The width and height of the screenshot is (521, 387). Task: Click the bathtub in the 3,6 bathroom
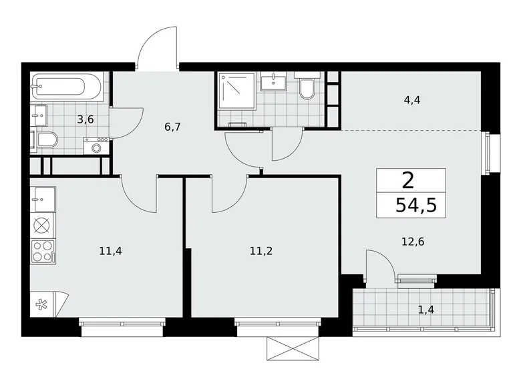tap(67, 87)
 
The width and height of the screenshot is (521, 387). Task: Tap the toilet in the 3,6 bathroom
tap(45, 140)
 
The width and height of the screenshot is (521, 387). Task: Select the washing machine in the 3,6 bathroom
tap(96, 145)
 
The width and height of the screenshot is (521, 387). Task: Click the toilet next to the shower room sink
tap(307, 89)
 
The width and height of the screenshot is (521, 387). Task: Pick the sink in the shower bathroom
tap(274, 83)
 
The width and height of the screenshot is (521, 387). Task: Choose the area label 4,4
tap(411, 101)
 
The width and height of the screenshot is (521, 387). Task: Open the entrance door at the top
tap(158, 48)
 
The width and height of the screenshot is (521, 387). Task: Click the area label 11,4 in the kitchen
tap(110, 251)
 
